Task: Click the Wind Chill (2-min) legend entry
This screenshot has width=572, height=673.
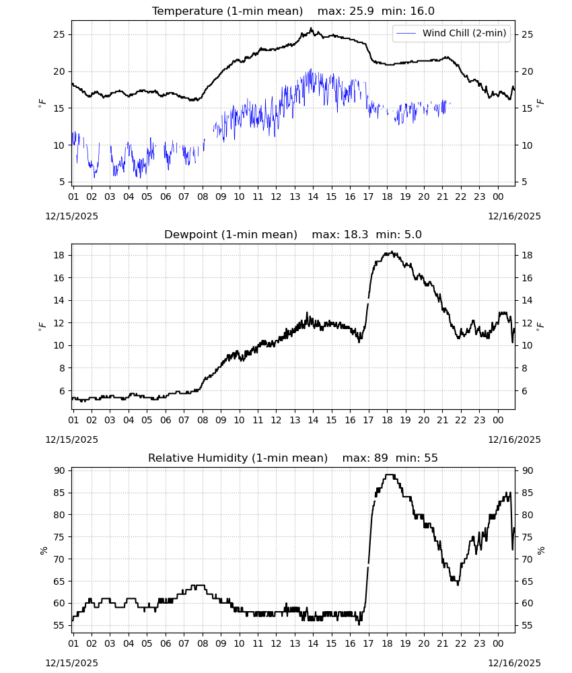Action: pos(452,33)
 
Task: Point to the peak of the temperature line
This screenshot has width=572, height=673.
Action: pos(312,28)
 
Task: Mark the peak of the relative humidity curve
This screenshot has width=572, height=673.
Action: pos(390,474)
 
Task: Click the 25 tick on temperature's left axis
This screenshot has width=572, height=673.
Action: pos(59,34)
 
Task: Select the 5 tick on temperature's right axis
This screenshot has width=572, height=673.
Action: pos(524,182)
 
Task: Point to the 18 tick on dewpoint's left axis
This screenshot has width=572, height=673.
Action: pos(59,255)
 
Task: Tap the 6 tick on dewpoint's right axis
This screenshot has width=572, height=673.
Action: pos(524,391)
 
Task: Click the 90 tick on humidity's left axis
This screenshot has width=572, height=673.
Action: pos(59,471)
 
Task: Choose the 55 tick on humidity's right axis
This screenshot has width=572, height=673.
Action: pos(527,625)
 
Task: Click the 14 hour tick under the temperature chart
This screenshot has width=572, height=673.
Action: pos(313,197)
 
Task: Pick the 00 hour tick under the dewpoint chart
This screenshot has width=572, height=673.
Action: pos(498,420)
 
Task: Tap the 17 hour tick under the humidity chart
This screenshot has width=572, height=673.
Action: pos(368,643)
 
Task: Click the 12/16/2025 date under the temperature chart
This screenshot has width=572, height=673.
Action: pos(514,216)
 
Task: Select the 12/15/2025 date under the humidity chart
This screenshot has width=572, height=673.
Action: pos(71,663)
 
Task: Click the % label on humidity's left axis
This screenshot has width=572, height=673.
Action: pos(43,551)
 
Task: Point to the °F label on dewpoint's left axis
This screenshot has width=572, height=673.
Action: pos(42,327)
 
